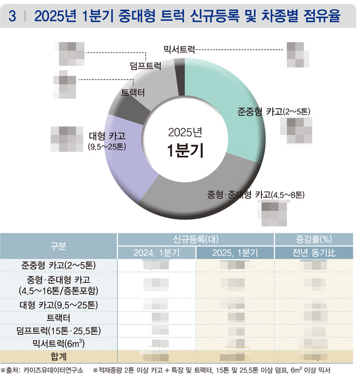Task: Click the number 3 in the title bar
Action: [13, 16]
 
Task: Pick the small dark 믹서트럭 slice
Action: [180, 72]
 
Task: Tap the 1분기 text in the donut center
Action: [186, 151]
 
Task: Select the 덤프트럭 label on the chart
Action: [145, 66]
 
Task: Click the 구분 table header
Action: [58, 246]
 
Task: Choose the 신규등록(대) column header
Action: [195, 239]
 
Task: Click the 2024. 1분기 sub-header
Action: [156, 253]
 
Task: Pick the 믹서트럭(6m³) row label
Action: [58, 344]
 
